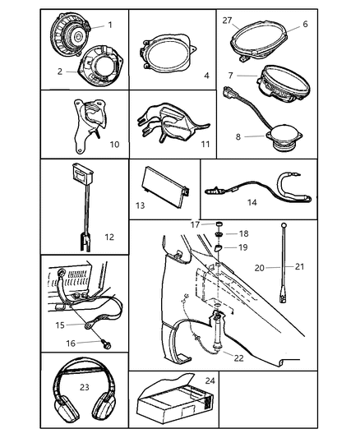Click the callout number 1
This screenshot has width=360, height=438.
(110, 25)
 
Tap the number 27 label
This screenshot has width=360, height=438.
(228, 21)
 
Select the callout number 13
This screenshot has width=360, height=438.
(141, 205)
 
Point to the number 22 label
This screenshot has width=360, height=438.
(239, 358)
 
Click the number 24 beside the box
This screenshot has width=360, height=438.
(210, 380)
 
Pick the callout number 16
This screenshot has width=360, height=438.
(71, 343)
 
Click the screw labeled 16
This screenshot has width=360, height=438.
(106, 343)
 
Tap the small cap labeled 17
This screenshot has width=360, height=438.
(219, 224)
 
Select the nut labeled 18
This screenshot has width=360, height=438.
(219, 233)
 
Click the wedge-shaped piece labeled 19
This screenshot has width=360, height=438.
(218, 247)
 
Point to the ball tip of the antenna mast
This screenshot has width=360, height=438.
(284, 225)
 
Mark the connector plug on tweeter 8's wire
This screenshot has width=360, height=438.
(231, 93)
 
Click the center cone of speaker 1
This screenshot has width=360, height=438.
(77, 35)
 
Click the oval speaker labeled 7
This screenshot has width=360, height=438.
(283, 84)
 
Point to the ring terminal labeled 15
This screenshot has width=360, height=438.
(89, 325)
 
